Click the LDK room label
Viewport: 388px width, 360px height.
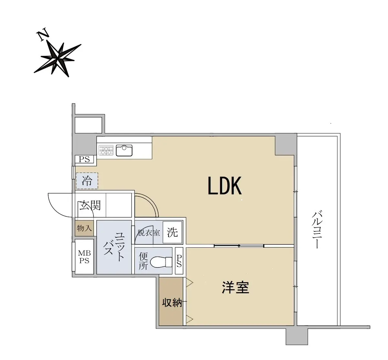pos(224,186)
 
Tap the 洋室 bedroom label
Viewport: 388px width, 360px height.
pos(235,287)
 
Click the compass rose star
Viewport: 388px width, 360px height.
pos(58,60)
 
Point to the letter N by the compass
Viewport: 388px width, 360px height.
pos(42,34)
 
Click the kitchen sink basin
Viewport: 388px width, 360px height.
pos(124,151)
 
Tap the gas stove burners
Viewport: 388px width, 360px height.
pos(106,150)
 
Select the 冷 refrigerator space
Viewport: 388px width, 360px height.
pos(87,181)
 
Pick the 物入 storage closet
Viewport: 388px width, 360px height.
pos(84,228)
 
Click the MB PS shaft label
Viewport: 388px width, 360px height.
pos(84,257)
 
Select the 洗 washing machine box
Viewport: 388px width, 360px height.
pos(172,232)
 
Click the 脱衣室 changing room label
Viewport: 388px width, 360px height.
pos(149,233)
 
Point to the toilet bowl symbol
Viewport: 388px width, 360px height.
pos(161,262)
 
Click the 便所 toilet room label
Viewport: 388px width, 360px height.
pos(143,261)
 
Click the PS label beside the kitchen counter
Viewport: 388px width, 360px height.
pos(84,160)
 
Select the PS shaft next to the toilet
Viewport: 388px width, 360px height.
pos(179,261)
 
